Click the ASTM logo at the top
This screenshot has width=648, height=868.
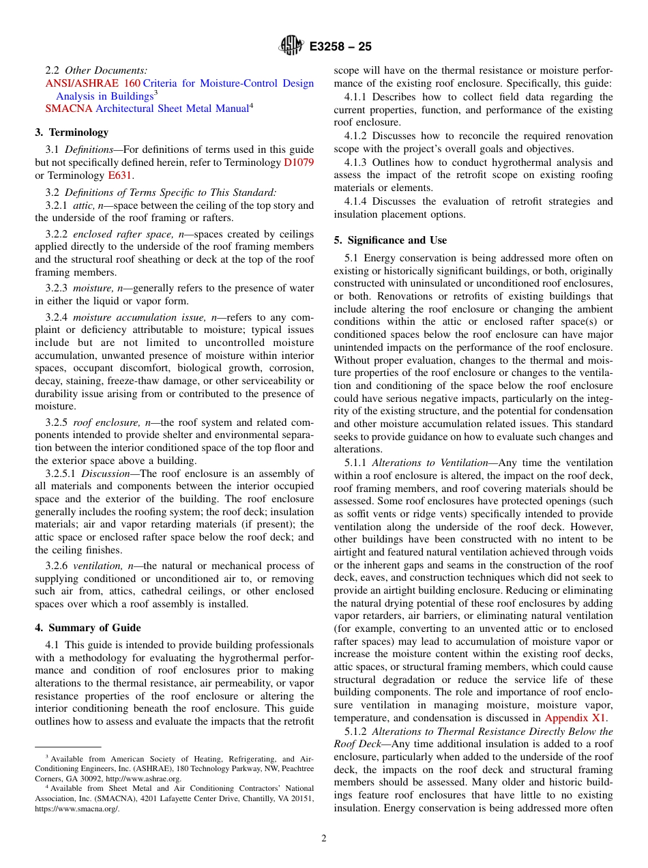coord(291,46)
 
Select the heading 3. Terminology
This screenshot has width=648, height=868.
coord(72,132)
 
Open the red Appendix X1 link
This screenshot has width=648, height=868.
coord(575,718)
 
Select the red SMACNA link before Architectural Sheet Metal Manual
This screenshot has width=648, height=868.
coord(68,108)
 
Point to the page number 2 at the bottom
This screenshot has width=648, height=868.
coord(324,839)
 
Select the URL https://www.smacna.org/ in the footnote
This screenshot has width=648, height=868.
coord(77,809)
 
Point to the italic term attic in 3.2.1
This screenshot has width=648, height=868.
coord(84,205)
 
